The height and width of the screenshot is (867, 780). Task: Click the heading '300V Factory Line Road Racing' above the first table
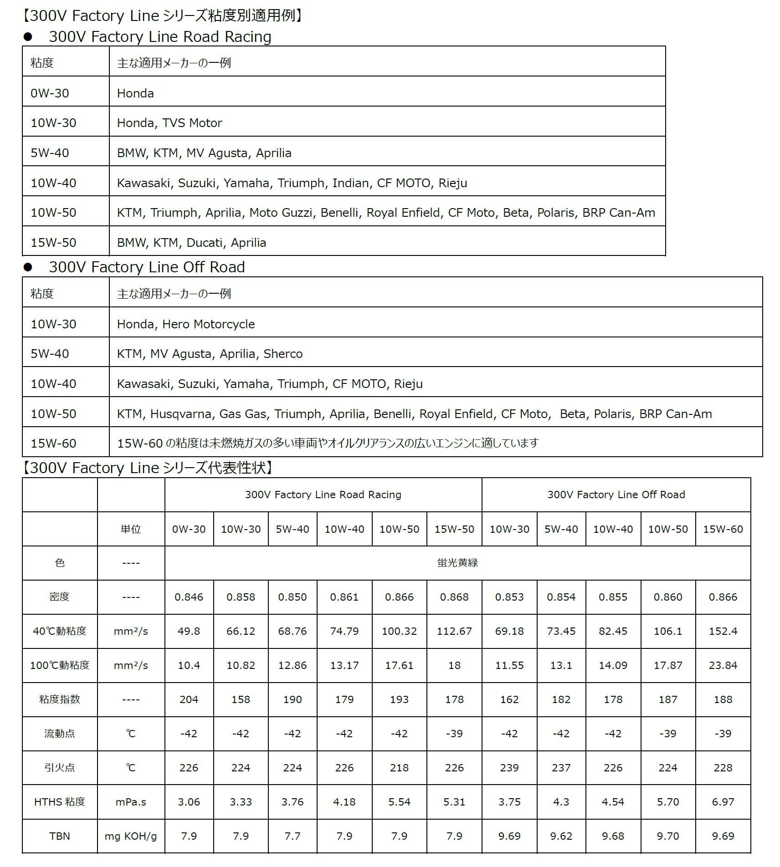click(x=160, y=36)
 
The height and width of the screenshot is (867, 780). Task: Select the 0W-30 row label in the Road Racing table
click(x=50, y=93)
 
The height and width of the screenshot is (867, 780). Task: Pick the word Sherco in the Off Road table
click(x=283, y=354)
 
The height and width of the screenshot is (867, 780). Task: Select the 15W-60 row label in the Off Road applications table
click(x=53, y=444)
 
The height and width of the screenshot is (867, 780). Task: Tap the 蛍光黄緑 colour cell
click(x=457, y=563)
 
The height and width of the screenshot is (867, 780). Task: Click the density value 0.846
click(x=189, y=597)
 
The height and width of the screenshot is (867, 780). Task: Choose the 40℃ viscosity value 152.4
click(x=723, y=631)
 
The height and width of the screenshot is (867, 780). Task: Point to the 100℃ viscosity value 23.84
click(x=723, y=665)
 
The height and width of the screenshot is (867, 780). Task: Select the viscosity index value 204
click(x=189, y=699)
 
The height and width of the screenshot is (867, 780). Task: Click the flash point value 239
click(x=509, y=768)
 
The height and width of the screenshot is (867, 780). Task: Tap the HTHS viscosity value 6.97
click(x=723, y=802)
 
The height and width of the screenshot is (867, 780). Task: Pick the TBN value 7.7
click(x=292, y=836)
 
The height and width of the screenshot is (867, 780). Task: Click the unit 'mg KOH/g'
click(x=131, y=836)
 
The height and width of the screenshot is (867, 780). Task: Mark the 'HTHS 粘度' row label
click(x=60, y=802)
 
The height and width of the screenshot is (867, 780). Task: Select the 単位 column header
click(x=131, y=529)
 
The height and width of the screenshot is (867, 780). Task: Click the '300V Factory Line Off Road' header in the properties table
click(x=616, y=495)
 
